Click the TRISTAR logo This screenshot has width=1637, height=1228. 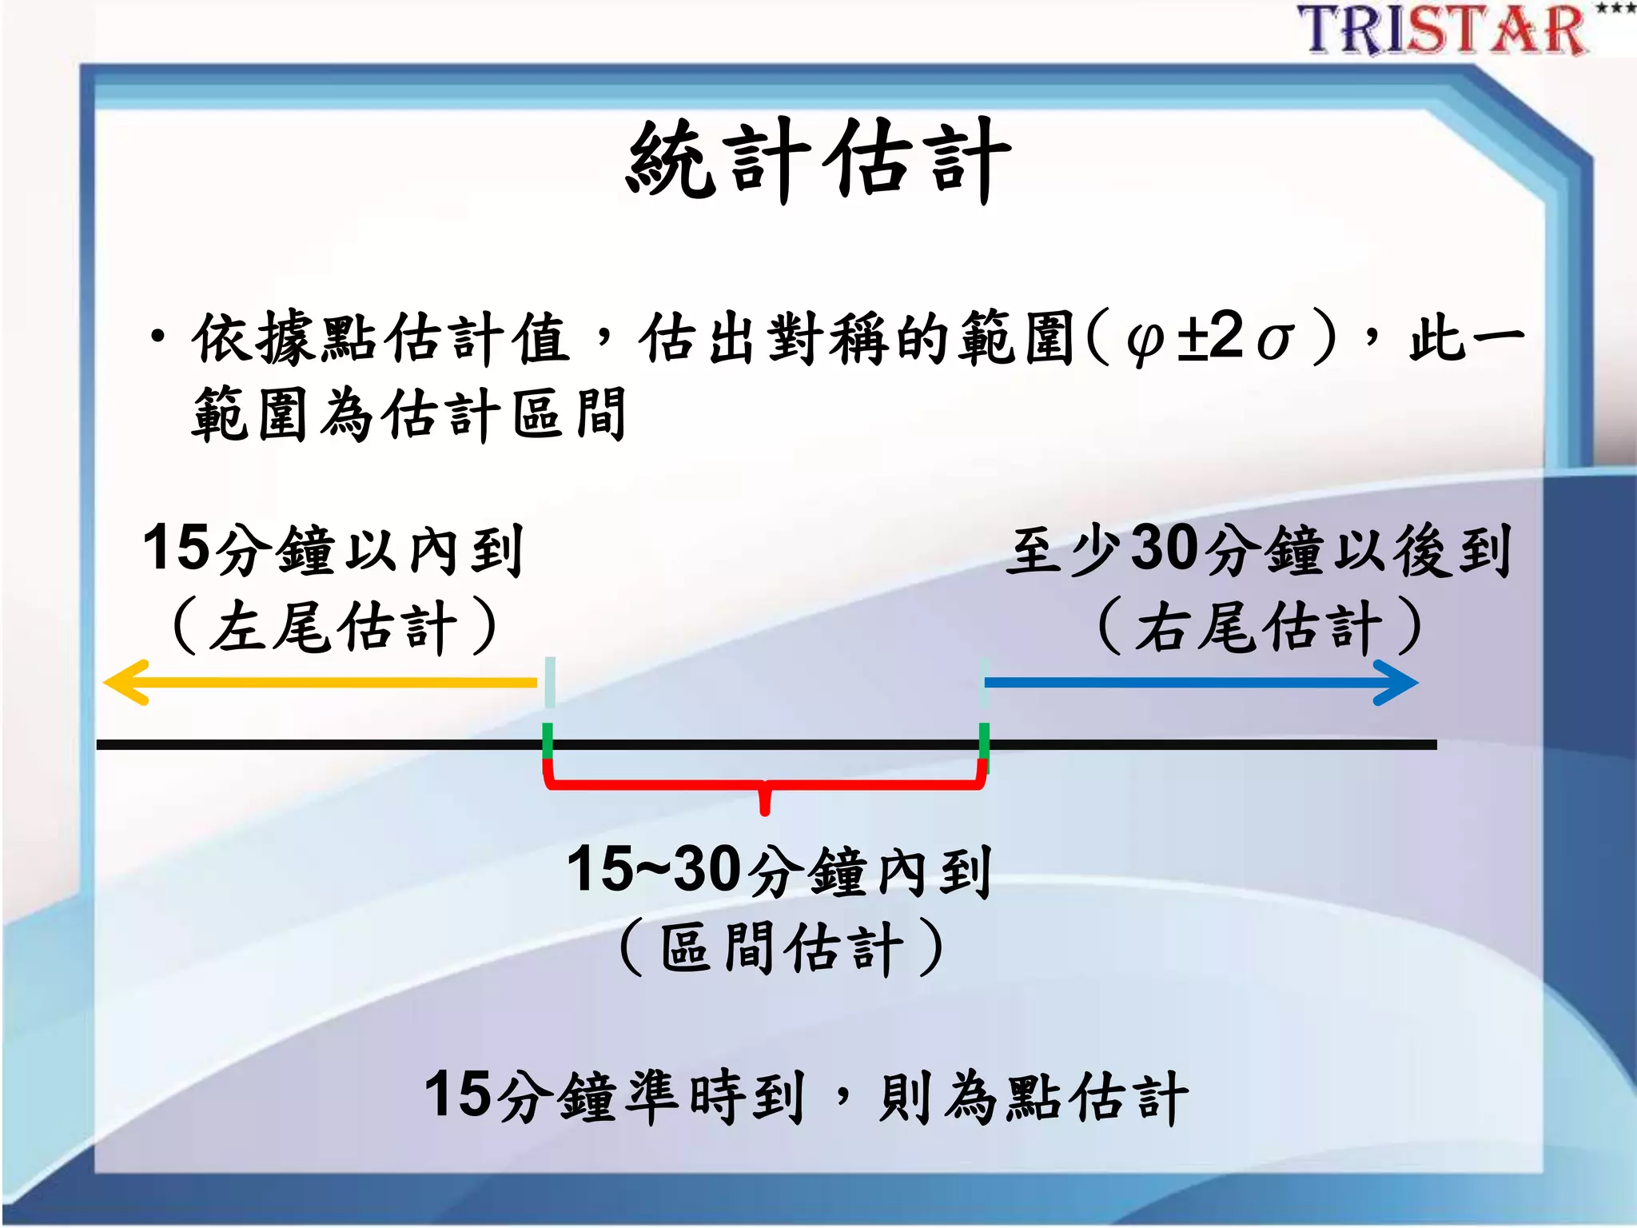pyautogui.click(x=1443, y=30)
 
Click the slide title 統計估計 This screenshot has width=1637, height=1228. pyautogui.click(x=818, y=160)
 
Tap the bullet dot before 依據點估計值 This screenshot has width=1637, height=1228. pyautogui.click(x=158, y=336)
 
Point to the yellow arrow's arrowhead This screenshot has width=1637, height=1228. pyautogui.click(x=124, y=682)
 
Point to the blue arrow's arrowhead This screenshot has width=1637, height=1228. pyautogui.click(x=1397, y=683)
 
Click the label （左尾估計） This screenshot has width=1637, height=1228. pyautogui.click(x=334, y=627)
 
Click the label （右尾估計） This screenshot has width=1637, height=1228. pyautogui.click(x=1259, y=627)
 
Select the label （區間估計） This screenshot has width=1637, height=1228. pyautogui.click(x=781, y=948)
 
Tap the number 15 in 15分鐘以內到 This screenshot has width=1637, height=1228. pyautogui.click(x=177, y=548)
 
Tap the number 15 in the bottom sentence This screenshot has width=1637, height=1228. pyautogui.click(x=458, y=1095)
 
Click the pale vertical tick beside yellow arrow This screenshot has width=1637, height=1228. pyautogui.click(x=550, y=682)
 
